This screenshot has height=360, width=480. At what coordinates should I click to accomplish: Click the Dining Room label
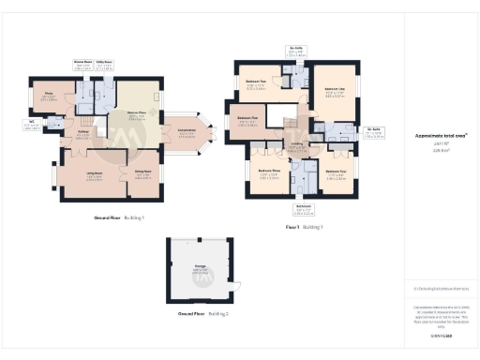pyautogui.click(x=142, y=173)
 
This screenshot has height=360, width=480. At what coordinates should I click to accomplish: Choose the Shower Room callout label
pyautogui.click(x=83, y=67)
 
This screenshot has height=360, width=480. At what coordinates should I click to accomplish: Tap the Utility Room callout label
pyautogui.click(x=105, y=67)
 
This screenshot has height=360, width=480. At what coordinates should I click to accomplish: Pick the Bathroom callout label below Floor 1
pyautogui.click(x=303, y=210)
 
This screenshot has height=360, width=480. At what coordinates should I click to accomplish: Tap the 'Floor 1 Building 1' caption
pyautogui.click(x=306, y=228)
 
